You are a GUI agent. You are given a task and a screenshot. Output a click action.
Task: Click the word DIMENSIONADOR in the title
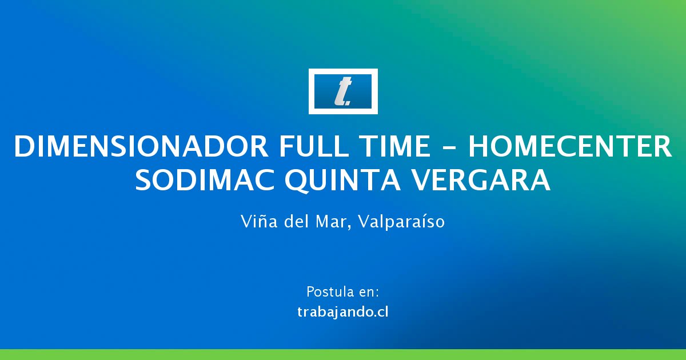pyautogui.click(x=141, y=146)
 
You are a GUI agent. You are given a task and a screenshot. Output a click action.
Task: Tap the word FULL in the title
pyautogui.click(x=314, y=146)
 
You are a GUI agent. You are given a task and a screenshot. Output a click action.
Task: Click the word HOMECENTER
pyautogui.click(x=570, y=146)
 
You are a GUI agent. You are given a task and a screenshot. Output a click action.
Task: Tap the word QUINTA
pyautogui.click(x=342, y=181)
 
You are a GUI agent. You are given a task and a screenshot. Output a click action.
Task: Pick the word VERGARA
pyautogui.click(x=481, y=180)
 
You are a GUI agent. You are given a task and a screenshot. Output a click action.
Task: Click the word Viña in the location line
pyautogui.click(x=259, y=221)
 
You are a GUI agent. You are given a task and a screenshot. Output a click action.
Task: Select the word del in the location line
pyautogui.click(x=297, y=221)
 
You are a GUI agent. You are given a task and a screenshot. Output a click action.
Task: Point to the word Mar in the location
pyautogui.click(x=330, y=221)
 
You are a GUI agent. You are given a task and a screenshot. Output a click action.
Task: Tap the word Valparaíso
pyautogui.click(x=401, y=222)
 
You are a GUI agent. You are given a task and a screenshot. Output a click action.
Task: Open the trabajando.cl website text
pyautogui.click(x=343, y=312)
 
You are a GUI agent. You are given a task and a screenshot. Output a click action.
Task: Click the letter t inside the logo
pyautogui.click(x=343, y=92)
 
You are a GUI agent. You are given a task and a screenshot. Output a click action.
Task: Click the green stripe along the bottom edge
pyautogui.click(x=343, y=354)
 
